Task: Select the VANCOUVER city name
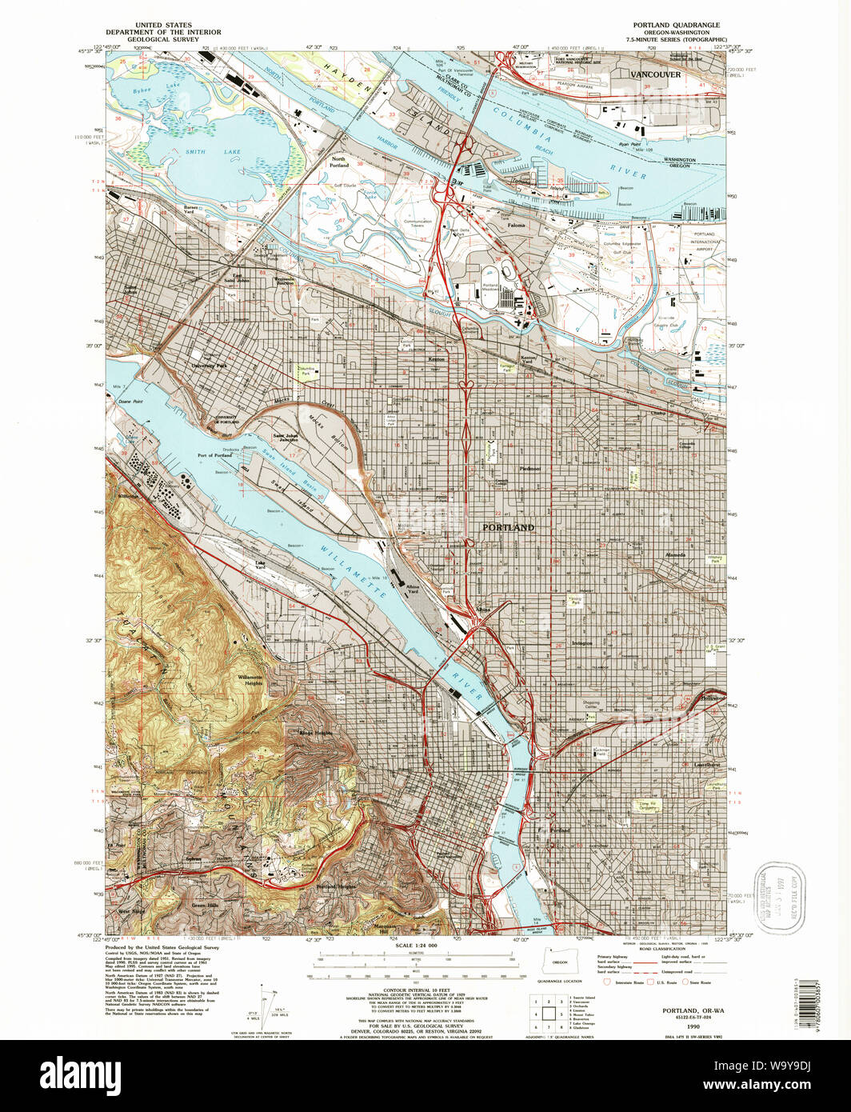(x=655, y=74)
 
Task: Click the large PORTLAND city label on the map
(x=508, y=528)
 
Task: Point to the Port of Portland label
(x=215, y=456)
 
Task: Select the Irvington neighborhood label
(x=581, y=643)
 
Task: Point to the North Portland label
(x=339, y=162)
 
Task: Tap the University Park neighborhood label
(x=210, y=366)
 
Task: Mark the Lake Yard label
(x=260, y=564)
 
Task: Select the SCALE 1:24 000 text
(x=416, y=946)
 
